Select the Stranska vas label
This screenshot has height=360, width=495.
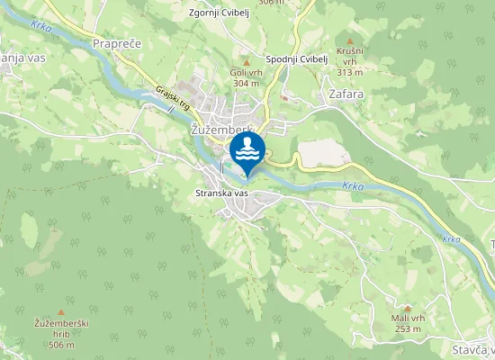(221, 193)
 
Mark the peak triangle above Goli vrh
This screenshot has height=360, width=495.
(246, 62)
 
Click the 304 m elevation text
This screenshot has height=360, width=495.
(246, 84)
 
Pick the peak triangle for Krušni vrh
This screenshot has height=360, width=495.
(349, 40)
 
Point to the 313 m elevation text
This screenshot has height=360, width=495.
(349, 72)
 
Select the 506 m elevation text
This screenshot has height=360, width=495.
(61, 345)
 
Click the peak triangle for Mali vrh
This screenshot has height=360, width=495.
(407, 307)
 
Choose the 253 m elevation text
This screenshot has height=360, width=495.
(407, 329)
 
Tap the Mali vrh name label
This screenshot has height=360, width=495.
(407, 319)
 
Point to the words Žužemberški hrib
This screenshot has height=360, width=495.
(61, 328)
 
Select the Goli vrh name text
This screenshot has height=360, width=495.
(246, 73)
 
